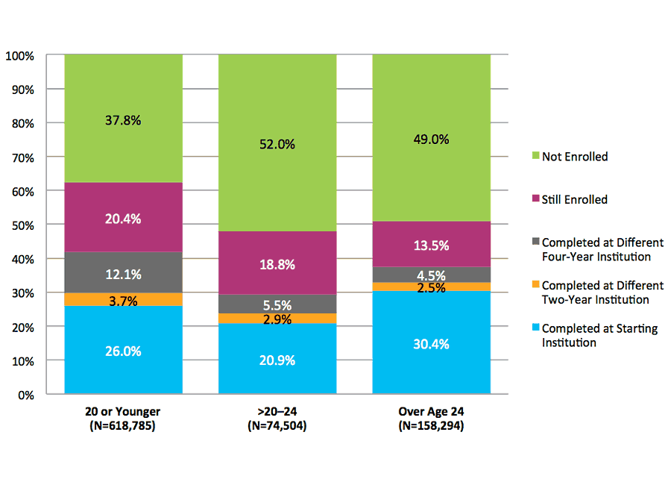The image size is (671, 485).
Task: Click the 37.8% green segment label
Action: (123, 119)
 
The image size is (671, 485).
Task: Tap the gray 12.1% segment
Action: (123, 273)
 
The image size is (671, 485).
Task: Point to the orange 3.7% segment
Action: (123, 299)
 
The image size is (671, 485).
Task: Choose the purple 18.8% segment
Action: (277, 263)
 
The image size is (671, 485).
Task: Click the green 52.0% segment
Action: (277, 144)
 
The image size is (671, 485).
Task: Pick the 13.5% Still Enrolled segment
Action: (431, 245)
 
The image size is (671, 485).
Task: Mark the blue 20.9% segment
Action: (277, 360)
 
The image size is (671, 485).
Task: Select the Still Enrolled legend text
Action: (574, 199)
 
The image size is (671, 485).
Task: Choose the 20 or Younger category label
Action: (123, 411)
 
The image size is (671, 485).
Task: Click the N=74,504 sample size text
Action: (277, 426)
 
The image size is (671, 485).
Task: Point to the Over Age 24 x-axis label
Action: (431, 411)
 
